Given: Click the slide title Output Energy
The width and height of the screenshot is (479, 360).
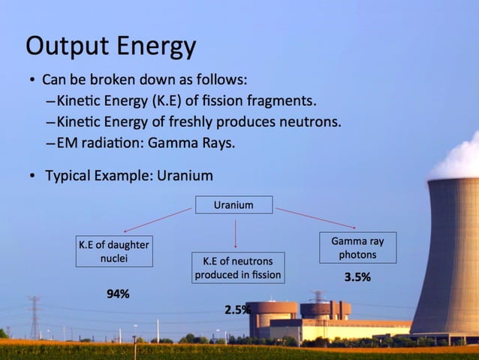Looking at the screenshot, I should point(110,46).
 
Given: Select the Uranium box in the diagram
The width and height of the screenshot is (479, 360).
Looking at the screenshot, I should point(233,204).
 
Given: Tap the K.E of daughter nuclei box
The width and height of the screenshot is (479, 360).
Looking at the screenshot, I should point(114,252).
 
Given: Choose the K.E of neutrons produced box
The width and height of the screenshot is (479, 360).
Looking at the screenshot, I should point(237,268).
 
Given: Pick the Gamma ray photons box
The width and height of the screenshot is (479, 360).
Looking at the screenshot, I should point(357,248).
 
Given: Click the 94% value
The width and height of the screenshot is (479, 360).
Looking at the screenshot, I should point(117,294).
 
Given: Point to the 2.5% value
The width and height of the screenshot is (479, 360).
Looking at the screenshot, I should point(237,310).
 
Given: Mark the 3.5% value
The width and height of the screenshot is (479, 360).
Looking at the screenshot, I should point(357,277).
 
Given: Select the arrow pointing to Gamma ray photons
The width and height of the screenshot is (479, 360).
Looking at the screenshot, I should point(315,218).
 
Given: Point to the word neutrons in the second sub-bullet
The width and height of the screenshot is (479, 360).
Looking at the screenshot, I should point(309,122).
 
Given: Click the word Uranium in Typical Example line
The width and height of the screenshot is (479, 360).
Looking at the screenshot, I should point(185,176).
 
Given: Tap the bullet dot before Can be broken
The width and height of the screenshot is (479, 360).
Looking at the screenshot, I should point(32,80).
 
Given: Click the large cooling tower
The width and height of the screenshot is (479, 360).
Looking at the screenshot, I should point(448,256).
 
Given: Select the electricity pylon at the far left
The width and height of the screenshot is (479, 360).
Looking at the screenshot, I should point(35,316).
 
